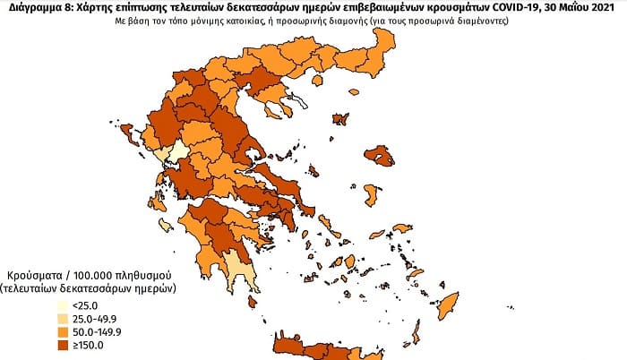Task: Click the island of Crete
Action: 313,346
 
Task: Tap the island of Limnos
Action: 339,118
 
